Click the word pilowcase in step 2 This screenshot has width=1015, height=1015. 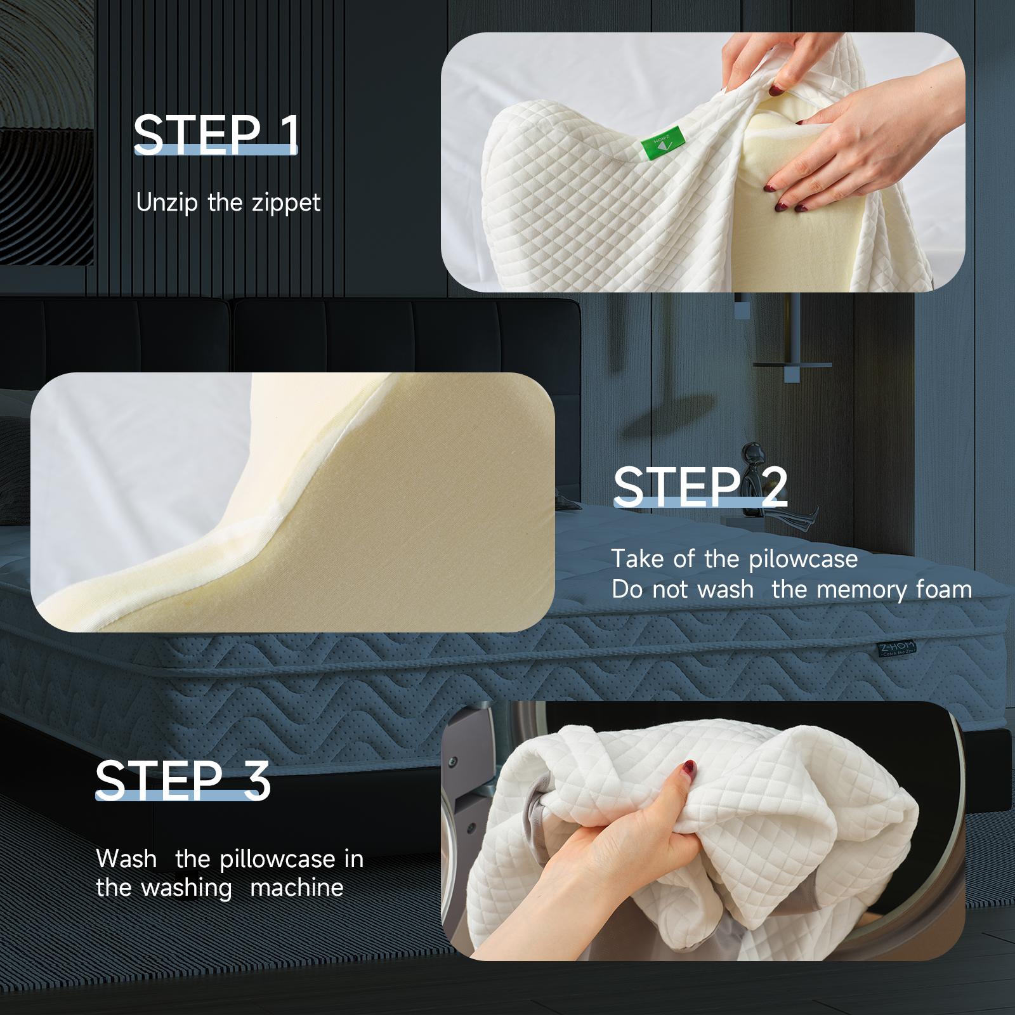point(803,560)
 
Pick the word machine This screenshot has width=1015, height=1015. point(296,887)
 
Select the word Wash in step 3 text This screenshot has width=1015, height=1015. point(126,859)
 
